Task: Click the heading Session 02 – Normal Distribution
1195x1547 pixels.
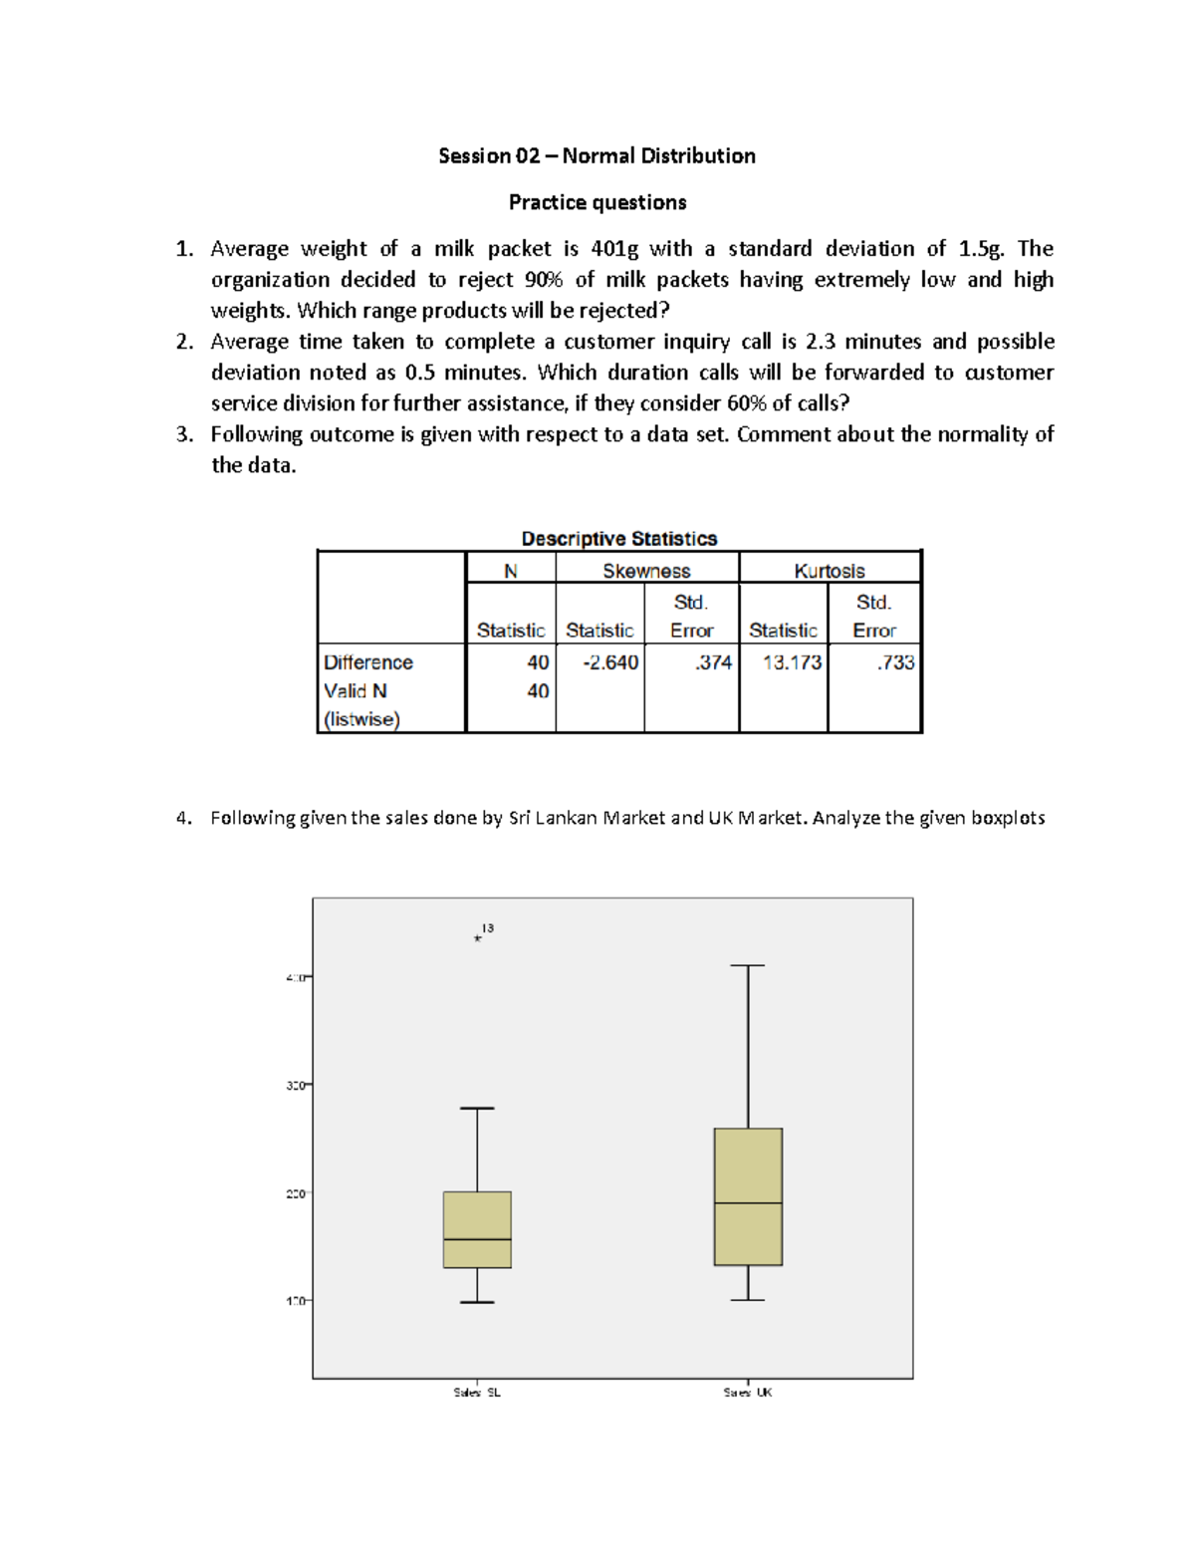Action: pos(597,156)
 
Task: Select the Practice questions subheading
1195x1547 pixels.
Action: pos(597,203)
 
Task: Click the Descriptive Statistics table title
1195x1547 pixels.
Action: pos(618,539)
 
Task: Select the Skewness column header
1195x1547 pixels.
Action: pos(646,571)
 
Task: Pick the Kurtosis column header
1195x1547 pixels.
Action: pos(829,571)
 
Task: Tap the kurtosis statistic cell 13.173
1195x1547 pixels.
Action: pos(792,662)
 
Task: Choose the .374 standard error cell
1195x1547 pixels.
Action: pos(713,662)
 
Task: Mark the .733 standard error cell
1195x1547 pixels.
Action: pos(895,662)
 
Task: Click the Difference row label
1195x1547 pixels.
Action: pos(367,662)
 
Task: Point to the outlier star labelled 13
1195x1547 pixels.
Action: pos(478,938)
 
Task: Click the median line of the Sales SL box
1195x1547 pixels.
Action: pos(477,1239)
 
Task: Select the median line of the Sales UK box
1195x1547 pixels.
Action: pos(748,1203)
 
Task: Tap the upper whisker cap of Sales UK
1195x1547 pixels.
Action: pos(748,965)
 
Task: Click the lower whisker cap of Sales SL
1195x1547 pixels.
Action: pos(477,1302)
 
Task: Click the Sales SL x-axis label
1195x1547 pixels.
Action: pos(477,1393)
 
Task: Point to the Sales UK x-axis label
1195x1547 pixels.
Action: pos(748,1393)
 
